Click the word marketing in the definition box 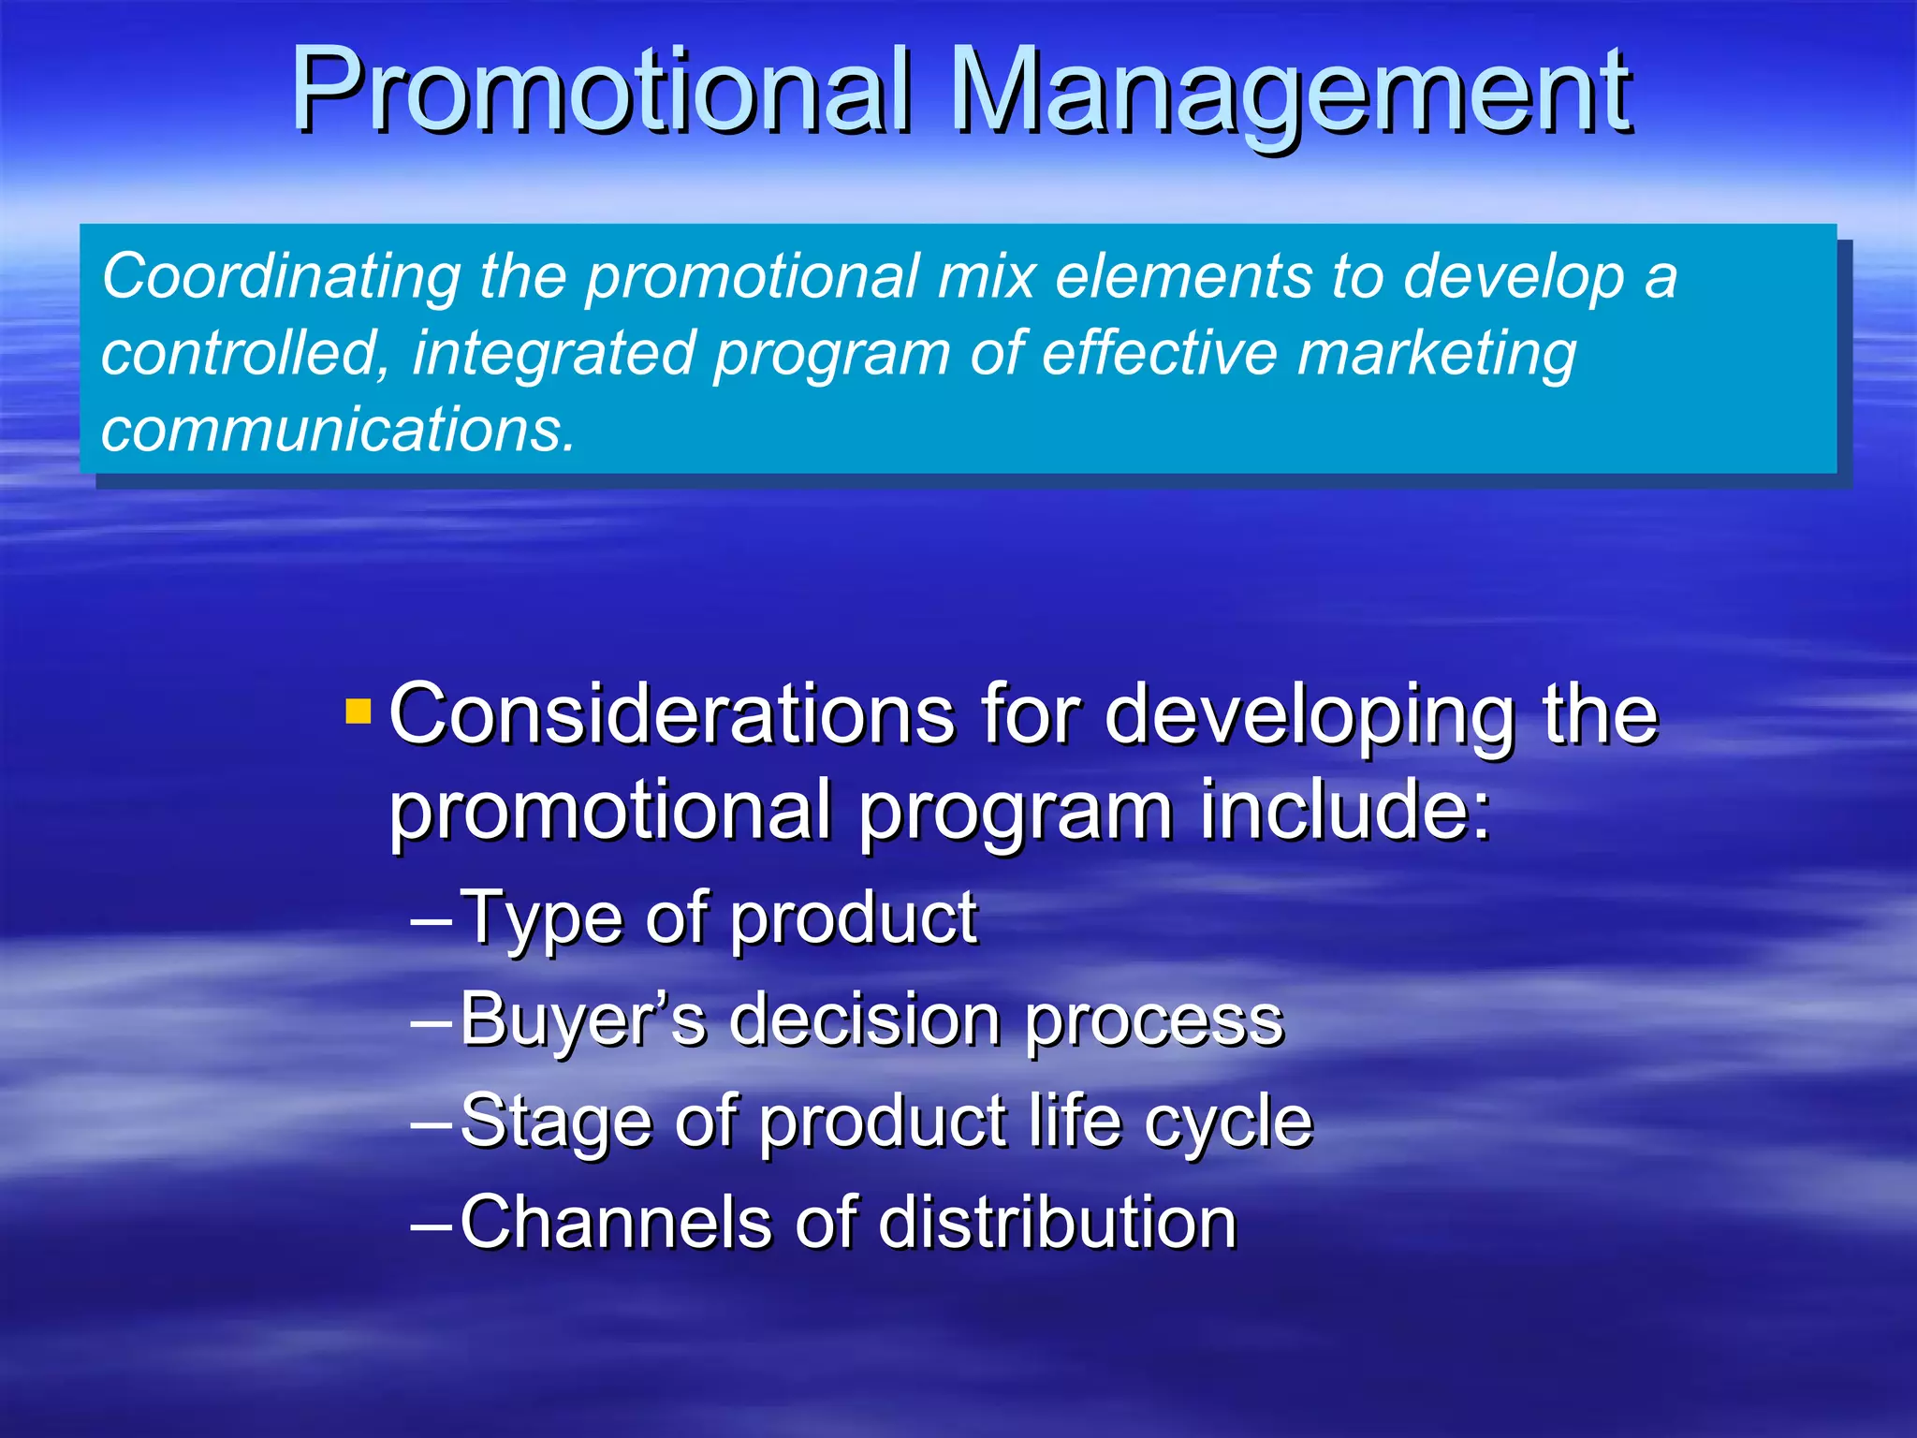pyautogui.click(x=1437, y=355)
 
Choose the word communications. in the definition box pyautogui.click(x=338, y=431)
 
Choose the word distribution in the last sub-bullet pyautogui.click(x=1057, y=1222)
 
